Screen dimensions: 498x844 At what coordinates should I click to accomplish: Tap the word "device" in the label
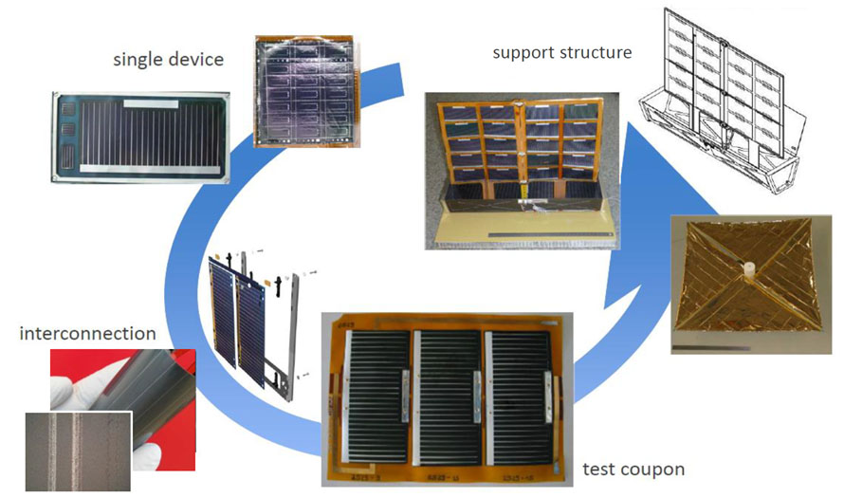(x=198, y=60)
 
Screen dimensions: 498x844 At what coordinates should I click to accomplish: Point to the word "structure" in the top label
(x=596, y=52)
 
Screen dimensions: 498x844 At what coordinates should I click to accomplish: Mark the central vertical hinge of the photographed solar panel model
(x=521, y=151)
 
